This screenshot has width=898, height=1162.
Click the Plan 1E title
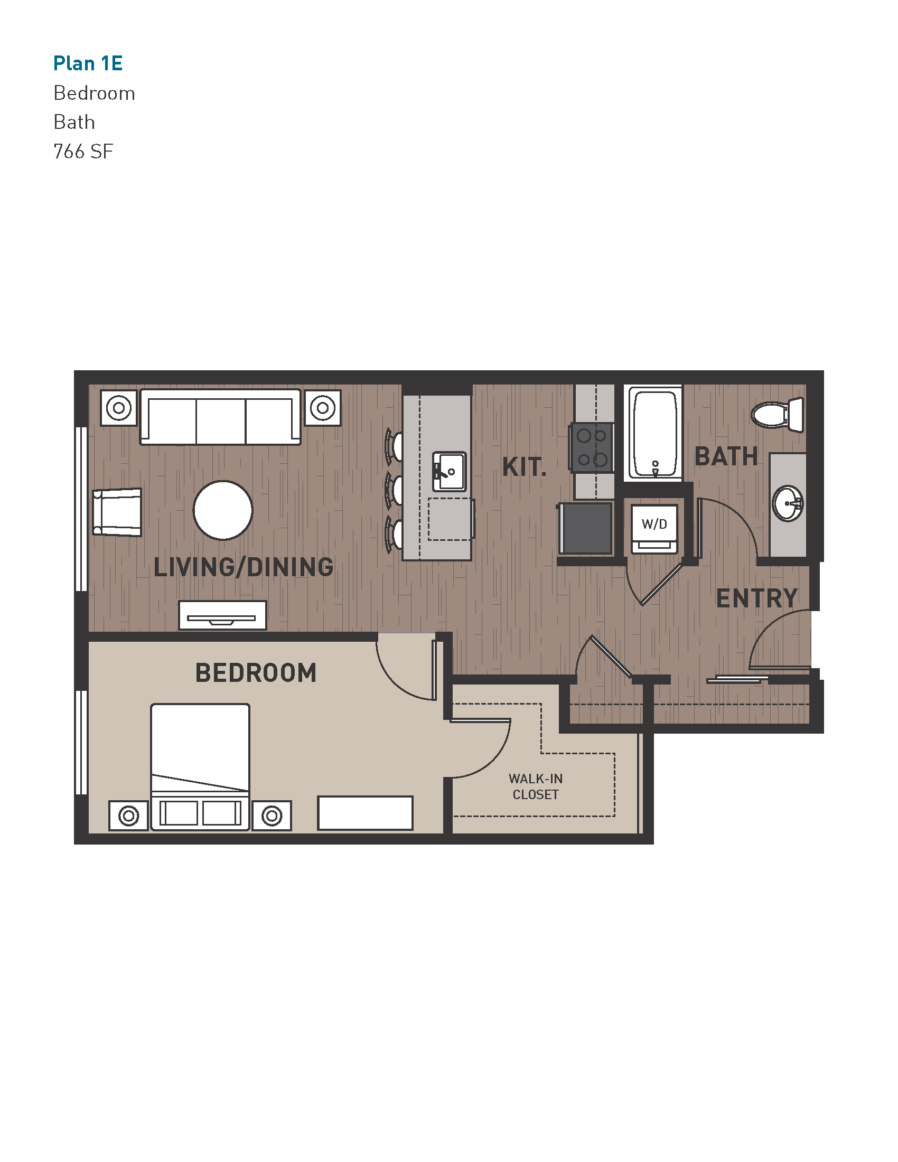(88, 63)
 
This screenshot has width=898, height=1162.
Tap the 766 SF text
(83, 152)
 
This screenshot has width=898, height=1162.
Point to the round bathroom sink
(788, 503)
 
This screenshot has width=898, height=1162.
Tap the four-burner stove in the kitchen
(592, 447)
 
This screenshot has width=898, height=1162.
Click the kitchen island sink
(449, 471)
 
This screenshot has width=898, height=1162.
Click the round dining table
(223, 510)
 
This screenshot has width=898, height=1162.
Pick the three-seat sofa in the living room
(220, 417)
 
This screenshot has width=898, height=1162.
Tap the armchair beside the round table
(118, 512)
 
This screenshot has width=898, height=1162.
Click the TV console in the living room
(222, 615)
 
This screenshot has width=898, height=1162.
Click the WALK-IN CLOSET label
(535, 786)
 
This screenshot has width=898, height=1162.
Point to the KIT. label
(524, 467)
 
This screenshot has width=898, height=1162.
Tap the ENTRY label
(756, 598)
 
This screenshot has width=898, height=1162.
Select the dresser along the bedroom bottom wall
(365, 812)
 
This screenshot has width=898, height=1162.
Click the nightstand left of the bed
(128, 816)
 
